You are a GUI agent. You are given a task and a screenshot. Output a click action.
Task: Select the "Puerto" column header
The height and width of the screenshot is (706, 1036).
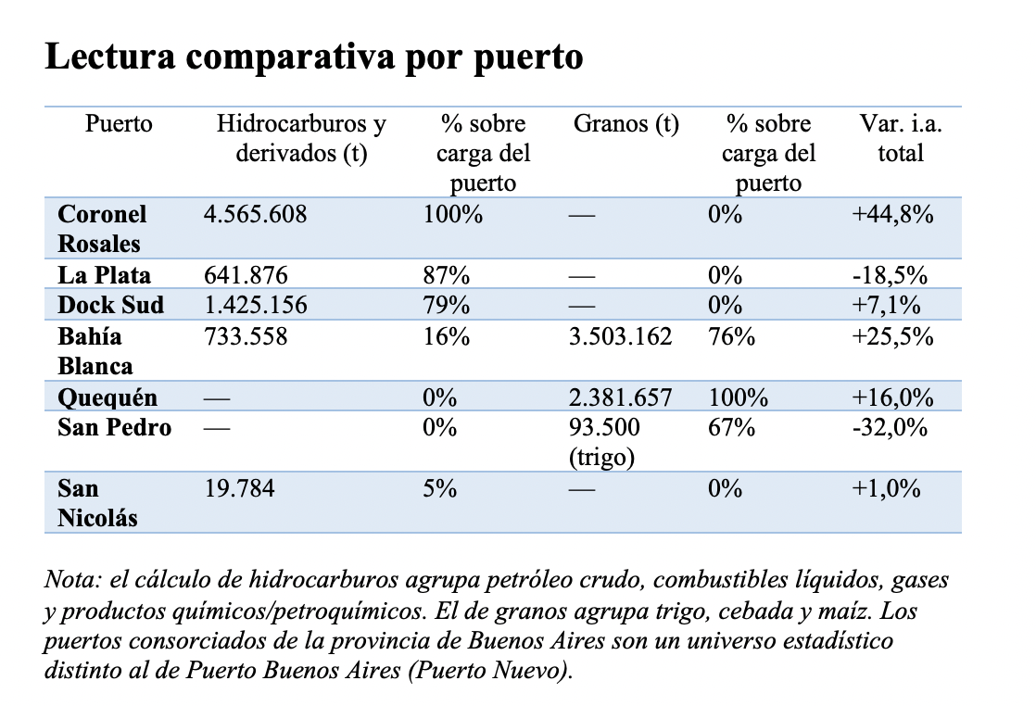[119, 123]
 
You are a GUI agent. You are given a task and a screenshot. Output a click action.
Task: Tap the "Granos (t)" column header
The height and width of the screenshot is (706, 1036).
[625, 123]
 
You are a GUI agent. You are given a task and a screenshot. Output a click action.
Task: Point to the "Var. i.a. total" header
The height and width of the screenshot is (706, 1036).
[900, 138]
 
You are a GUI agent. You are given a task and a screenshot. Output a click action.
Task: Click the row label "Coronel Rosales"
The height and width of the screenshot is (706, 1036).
[102, 229]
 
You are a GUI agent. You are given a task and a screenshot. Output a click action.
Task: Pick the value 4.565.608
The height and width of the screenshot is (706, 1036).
[255, 214]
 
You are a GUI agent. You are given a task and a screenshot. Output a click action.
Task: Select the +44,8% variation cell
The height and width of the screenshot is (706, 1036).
[892, 214]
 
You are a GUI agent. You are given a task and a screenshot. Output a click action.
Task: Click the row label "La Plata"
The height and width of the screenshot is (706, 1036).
[104, 275]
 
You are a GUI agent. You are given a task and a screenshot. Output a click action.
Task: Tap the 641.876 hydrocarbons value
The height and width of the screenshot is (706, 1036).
[246, 275]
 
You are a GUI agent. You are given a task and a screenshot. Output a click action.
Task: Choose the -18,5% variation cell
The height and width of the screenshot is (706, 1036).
[890, 275]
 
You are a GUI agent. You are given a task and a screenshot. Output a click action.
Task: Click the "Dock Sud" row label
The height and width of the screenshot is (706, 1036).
[110, 305]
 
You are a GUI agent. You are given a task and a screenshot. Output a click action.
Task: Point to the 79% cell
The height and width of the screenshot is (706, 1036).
[447, 305]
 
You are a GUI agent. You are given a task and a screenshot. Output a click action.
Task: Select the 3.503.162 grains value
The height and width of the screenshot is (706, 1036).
[621, 336]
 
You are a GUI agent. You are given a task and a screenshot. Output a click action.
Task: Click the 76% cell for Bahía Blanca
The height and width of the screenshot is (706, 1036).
[731, 336]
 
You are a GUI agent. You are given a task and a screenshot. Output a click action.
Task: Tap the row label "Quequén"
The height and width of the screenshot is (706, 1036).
[107, 397]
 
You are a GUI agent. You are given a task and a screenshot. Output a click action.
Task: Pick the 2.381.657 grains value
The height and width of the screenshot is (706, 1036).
[621, 397]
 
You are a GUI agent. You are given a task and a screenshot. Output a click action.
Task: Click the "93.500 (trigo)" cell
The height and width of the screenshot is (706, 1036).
[604, 442]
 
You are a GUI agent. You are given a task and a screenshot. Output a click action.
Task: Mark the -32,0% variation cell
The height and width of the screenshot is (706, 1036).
[890, 427]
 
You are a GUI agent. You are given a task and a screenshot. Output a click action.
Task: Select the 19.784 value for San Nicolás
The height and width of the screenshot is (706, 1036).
[239, 488]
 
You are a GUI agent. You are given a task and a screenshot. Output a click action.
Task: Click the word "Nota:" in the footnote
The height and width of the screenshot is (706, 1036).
[72, 579]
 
